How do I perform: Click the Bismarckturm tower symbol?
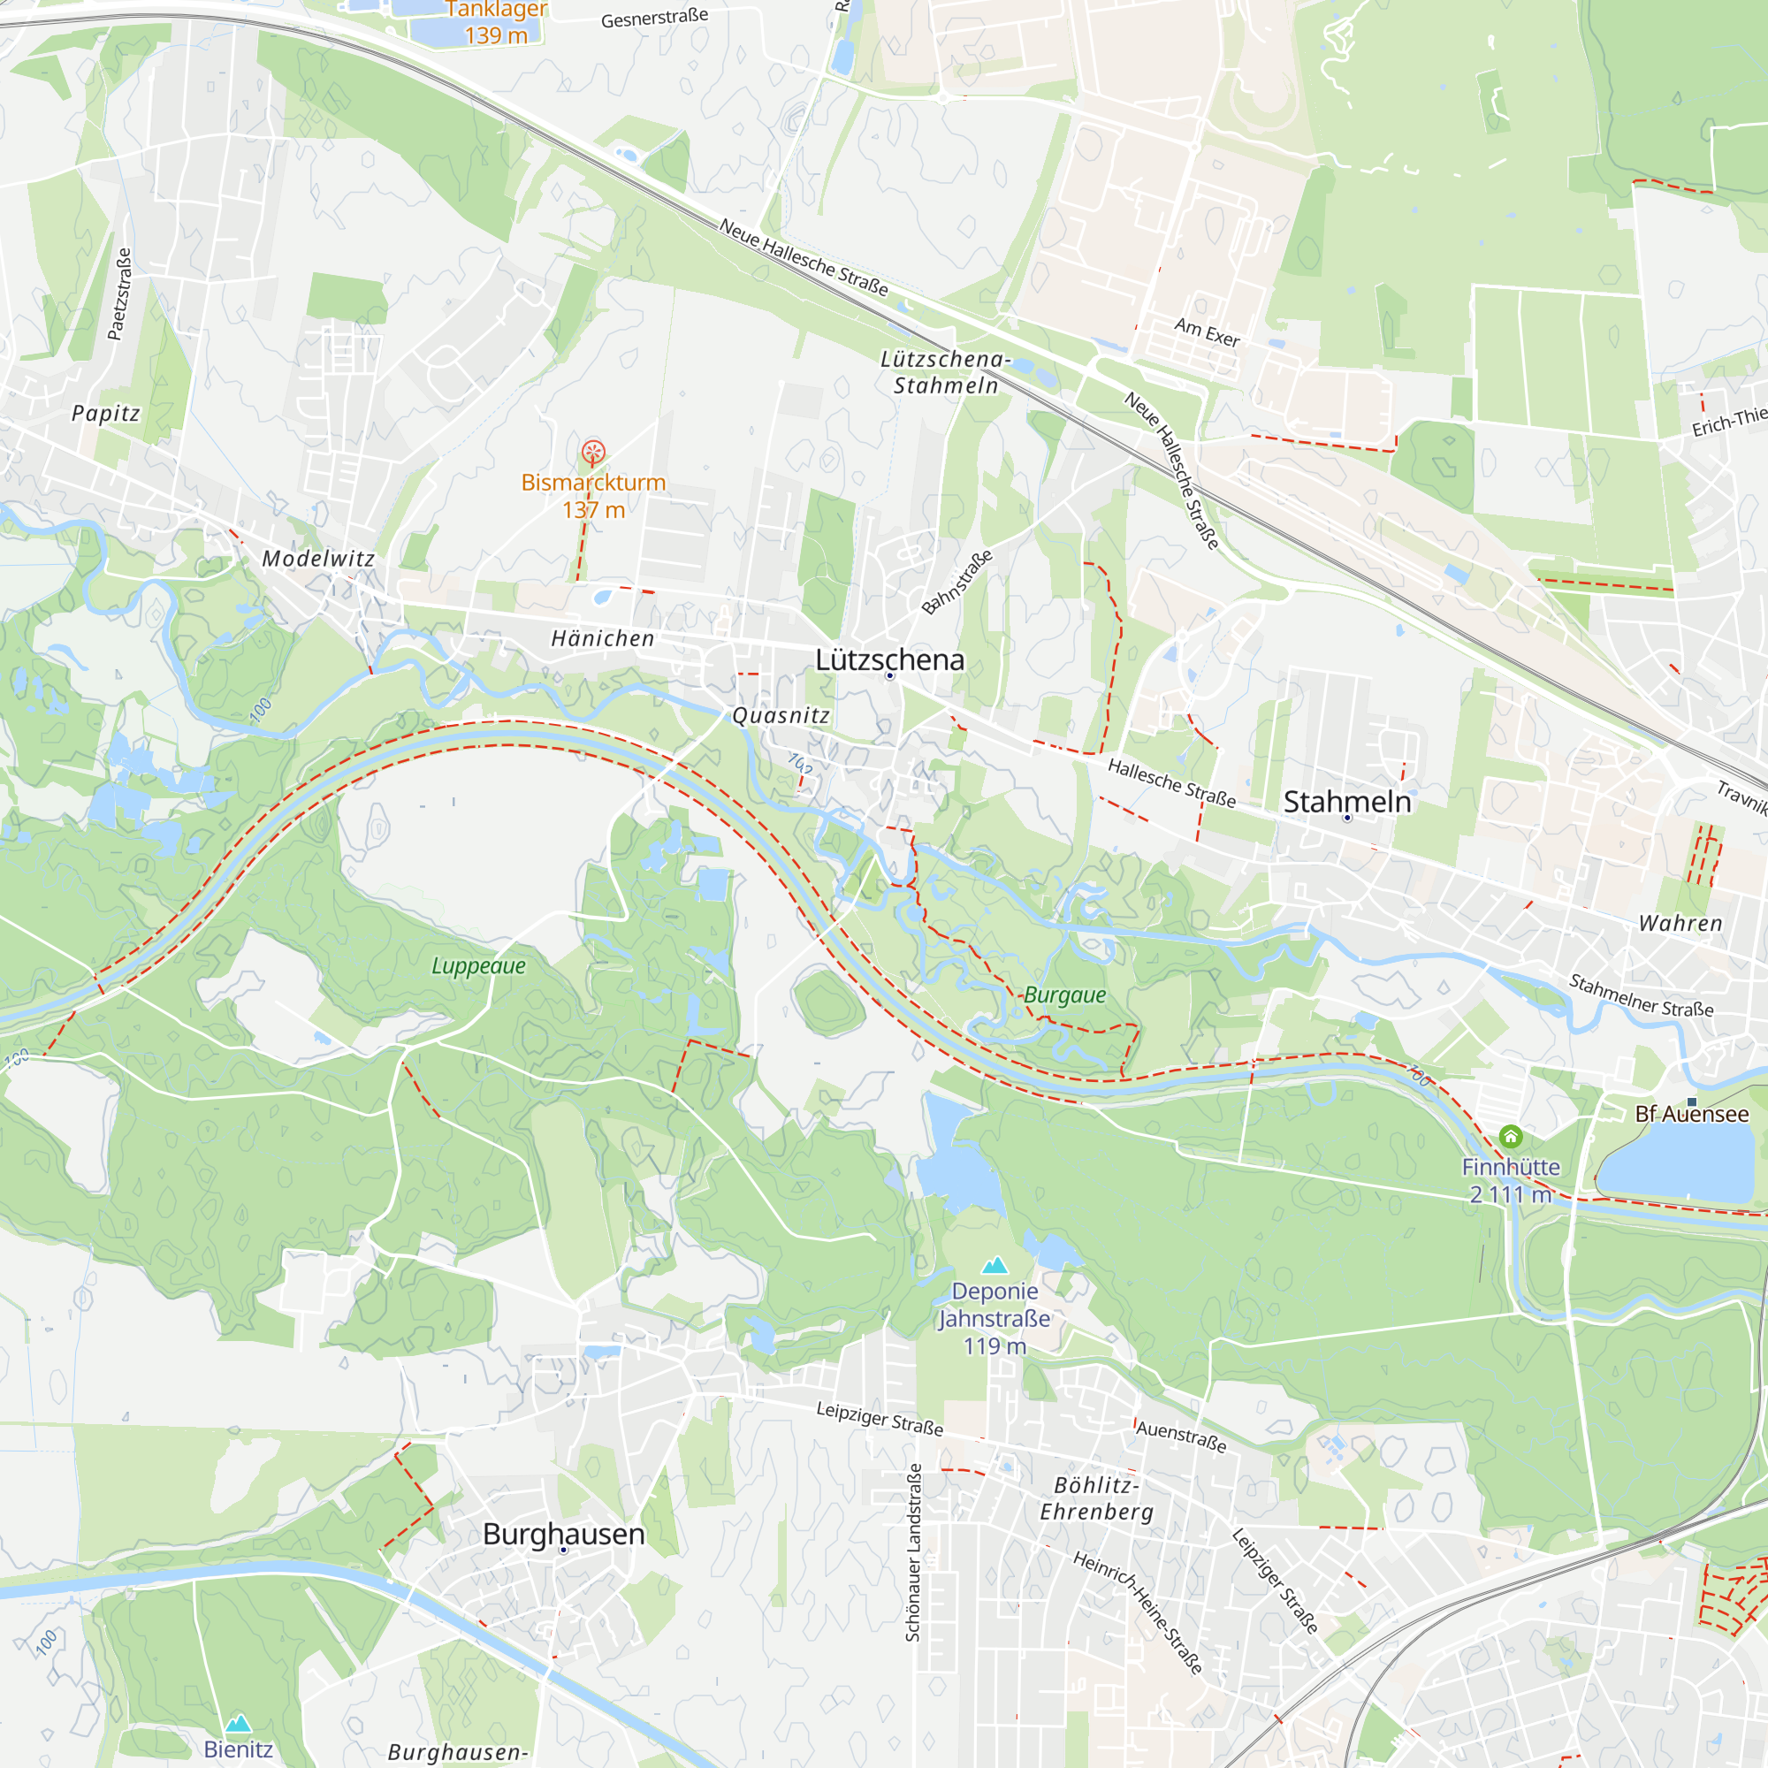593,452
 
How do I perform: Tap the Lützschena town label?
889,659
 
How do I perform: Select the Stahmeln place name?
1347,802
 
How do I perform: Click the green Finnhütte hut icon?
1511,1137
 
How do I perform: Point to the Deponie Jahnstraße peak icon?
994,1267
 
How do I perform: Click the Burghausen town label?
564,1535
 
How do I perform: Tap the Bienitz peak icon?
238,1724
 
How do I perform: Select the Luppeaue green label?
478,966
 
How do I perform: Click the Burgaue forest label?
1064,995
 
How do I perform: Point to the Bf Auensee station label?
1692,1115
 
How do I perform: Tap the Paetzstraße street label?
120,293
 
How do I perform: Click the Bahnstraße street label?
956,582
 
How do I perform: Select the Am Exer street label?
1207,332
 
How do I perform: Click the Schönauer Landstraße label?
913,1552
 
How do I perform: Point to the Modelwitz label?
318,558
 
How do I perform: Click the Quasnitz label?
781,716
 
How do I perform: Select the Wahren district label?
1680,924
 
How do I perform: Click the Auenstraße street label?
1180,1436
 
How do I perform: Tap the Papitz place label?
106,414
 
